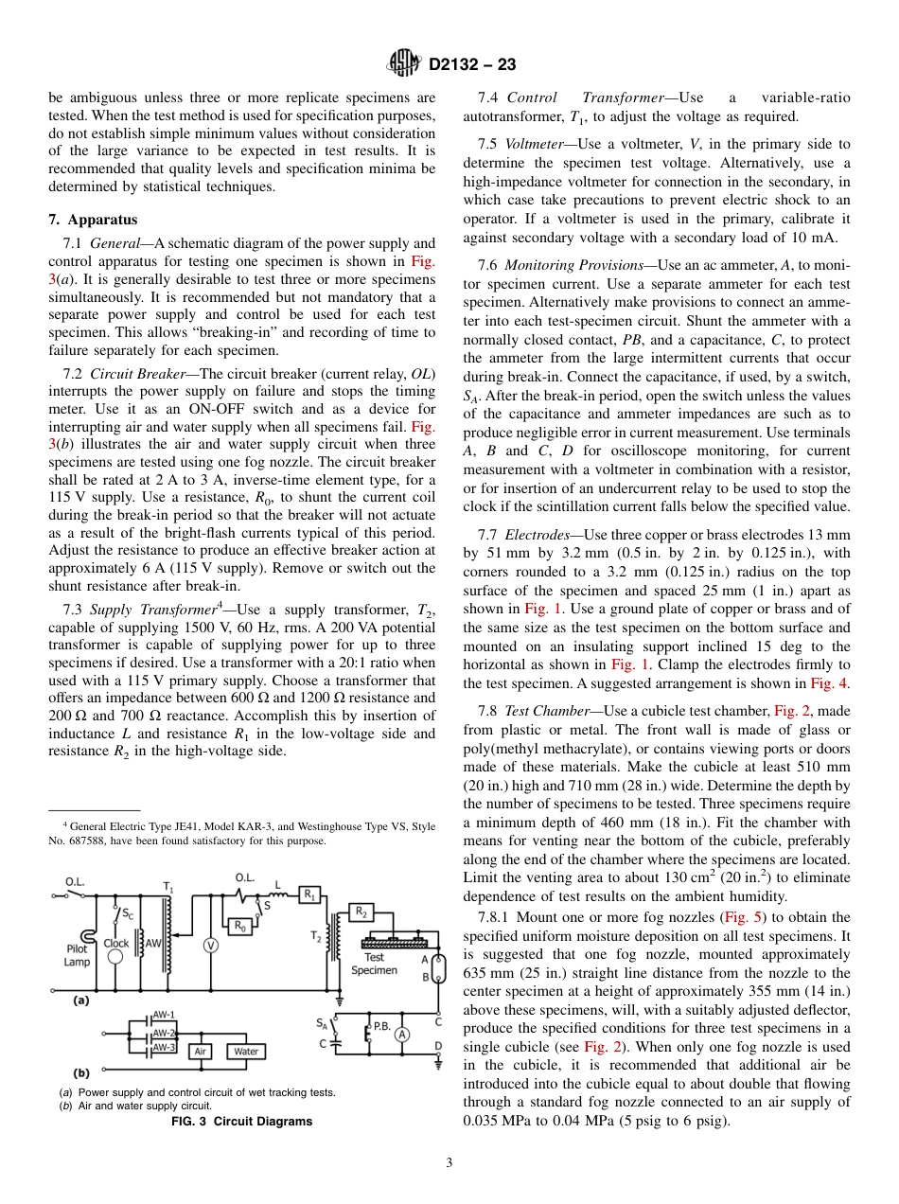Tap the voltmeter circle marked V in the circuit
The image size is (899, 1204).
(211, 945)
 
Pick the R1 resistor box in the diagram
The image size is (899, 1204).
(309, 894)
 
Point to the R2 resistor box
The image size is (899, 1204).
(361, 912)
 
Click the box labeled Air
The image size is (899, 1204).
(201, 1051)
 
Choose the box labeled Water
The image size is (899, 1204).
(245, 1051)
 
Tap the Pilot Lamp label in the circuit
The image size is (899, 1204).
(77, 955)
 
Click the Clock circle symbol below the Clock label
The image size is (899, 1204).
(115, 956)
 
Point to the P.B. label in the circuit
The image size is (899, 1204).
(382, 1025)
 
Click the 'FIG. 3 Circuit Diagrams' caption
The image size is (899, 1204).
(241, 1122)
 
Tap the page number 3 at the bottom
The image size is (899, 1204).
(449, 1162)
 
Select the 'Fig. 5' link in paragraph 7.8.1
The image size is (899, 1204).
(737, 917)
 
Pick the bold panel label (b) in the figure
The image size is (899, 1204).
(81, 1073)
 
